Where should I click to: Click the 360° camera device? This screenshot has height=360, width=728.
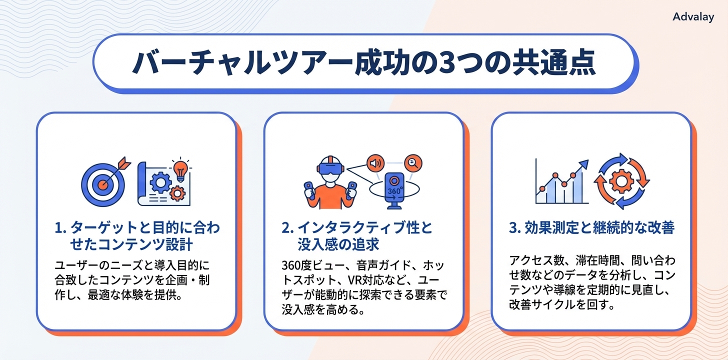click(x=395, y=189)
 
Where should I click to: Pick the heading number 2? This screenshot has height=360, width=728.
click(x=286, y=228)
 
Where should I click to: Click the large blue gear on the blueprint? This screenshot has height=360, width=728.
click(x=160, y=182)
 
